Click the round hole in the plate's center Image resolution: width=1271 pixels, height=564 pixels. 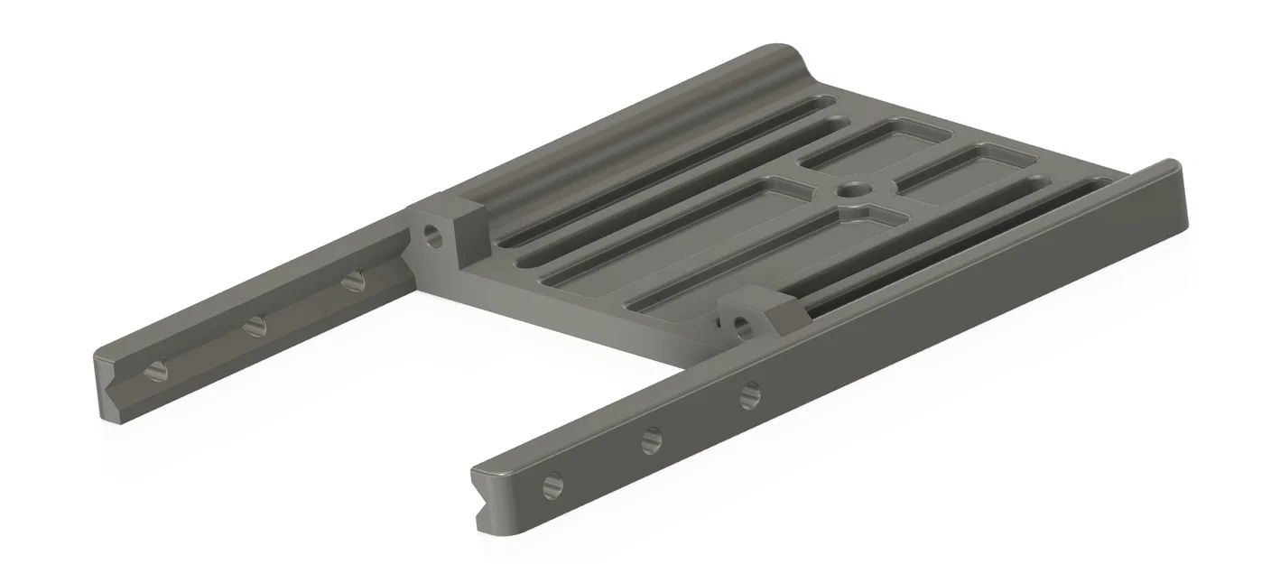click(851, 190)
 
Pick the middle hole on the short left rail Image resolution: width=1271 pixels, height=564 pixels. click(255, 324)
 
